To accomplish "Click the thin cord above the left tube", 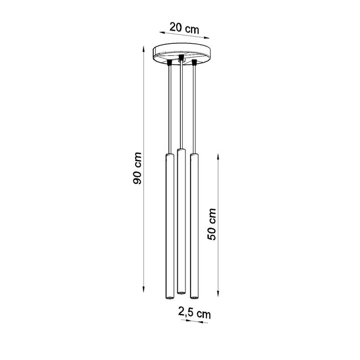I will coord(168,111).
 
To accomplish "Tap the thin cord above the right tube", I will coord(194,111).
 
